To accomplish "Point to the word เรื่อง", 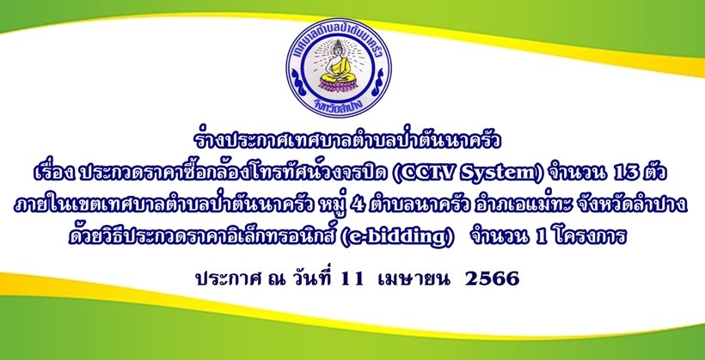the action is coord(54,173).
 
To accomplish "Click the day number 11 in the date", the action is coord(352,279).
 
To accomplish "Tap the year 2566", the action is coord(493,279).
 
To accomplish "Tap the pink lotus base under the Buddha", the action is coord(339,84).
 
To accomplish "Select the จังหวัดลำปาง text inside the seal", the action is coord(340,106).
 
